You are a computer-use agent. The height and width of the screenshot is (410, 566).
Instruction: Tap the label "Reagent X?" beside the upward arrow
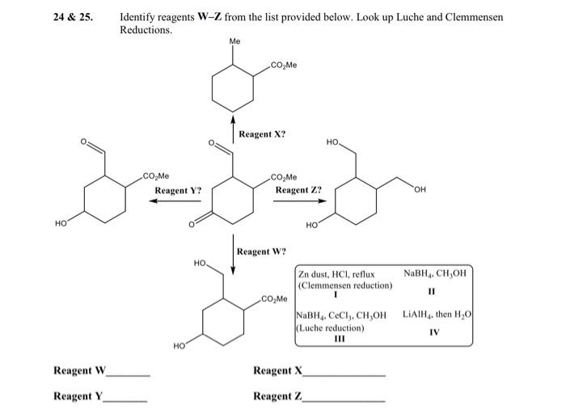pyautogui.click(x=261, y=133)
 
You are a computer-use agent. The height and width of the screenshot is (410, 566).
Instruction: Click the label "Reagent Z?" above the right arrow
pyautogui.click(x=298, y=191)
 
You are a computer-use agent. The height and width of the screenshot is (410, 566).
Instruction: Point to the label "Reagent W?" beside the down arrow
pyautogui.click(x=261, y=251)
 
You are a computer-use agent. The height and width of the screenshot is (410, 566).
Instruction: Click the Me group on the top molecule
pyautogui.click(x=234, y=40)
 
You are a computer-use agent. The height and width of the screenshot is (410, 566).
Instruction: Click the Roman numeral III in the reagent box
pyautogui.click(x=340, y=339)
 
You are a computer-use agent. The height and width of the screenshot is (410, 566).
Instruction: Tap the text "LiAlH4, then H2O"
pyautogui.click(x=437, y=315)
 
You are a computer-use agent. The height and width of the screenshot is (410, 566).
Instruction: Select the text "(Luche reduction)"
pyautogui.click(x=332, y=328)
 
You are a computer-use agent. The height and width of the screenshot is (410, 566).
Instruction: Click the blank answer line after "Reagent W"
pyautogui.click(x=129, y=375)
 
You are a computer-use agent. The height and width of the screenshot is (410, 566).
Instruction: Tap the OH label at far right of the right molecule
pyautogui.click(x=418, y=191)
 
